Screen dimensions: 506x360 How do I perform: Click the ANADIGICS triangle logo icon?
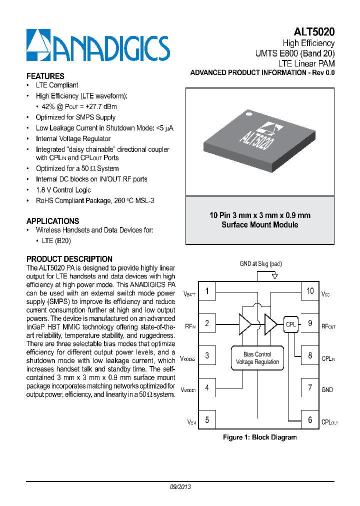pyautogui.click(x=38, y=46)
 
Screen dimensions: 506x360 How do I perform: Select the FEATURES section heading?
pyautogui.click(x=45, y=76)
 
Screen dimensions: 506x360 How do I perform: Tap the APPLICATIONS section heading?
pyautogui.click(x=52, y=221)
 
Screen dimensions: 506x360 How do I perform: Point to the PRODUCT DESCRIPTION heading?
pyautogui.click(x=69, y=259)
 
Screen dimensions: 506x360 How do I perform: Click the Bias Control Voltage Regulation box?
pyautogui.click(x=257, y=358)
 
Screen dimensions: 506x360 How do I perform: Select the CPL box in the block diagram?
pyautogui.click(x=290, y=324)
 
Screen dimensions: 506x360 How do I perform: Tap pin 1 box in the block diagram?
pyautogui.click(x=207, y=291)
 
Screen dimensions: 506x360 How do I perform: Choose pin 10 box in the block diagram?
pyautogui.click(x=310, y=291)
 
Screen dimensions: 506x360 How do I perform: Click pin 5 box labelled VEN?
pyautogui.click(x=207, y=420)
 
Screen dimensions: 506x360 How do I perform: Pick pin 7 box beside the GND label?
pyautogui.click(x=310, y=387)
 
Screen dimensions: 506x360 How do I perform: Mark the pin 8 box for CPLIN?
pyautogui.click(x=310, y=355)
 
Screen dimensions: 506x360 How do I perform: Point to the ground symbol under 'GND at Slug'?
pyautogui.click(x=274, y=275)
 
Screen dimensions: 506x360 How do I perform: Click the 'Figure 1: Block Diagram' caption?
pyautogui.click(x=259, y=437)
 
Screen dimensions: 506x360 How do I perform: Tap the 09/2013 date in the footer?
pyautogui.click(x=180, y=486)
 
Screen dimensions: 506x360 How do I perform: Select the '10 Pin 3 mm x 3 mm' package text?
pyautogui.click(x=260, y=215)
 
